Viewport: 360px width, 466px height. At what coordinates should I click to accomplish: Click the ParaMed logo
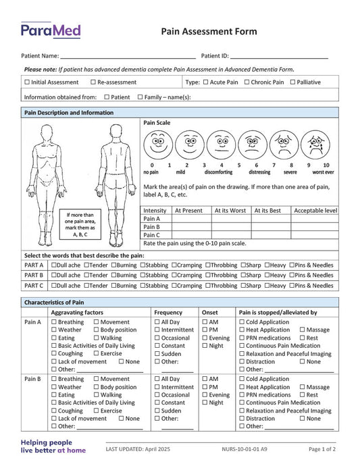pyautogui.click(x=51, y=30)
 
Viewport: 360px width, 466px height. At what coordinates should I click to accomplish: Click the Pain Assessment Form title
pyautogui.click(x=209, y=31)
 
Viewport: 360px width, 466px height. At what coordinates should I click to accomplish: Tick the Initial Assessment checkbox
pyautogui.click(x=27, y=82)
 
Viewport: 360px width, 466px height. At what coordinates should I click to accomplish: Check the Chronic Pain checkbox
pyautogui.click(x=247, y=82)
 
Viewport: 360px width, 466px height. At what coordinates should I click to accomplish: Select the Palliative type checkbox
pyautogui.click(x=292, y=82)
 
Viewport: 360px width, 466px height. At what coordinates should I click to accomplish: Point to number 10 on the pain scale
pyautogui.click(x=326, y=165)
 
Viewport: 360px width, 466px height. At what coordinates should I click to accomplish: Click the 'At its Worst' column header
pyautogui.click(x=230, y=211)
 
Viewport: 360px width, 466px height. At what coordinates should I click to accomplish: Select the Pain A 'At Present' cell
pyautogui.click(x=192, y=219)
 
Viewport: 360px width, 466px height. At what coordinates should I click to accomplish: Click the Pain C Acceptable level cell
pyautogui.click(x=315, y=236)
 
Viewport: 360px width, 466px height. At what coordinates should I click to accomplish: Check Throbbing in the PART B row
pyautogui.click(x=208, y=276)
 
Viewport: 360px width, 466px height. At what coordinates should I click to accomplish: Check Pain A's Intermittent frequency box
pyautogui.click(x=157, y=330)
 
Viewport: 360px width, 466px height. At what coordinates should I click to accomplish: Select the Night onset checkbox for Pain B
pyautogui.click(x=205, y=403)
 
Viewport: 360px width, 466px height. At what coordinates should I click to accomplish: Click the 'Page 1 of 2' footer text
pyautogui.click(x=322, y=449)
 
